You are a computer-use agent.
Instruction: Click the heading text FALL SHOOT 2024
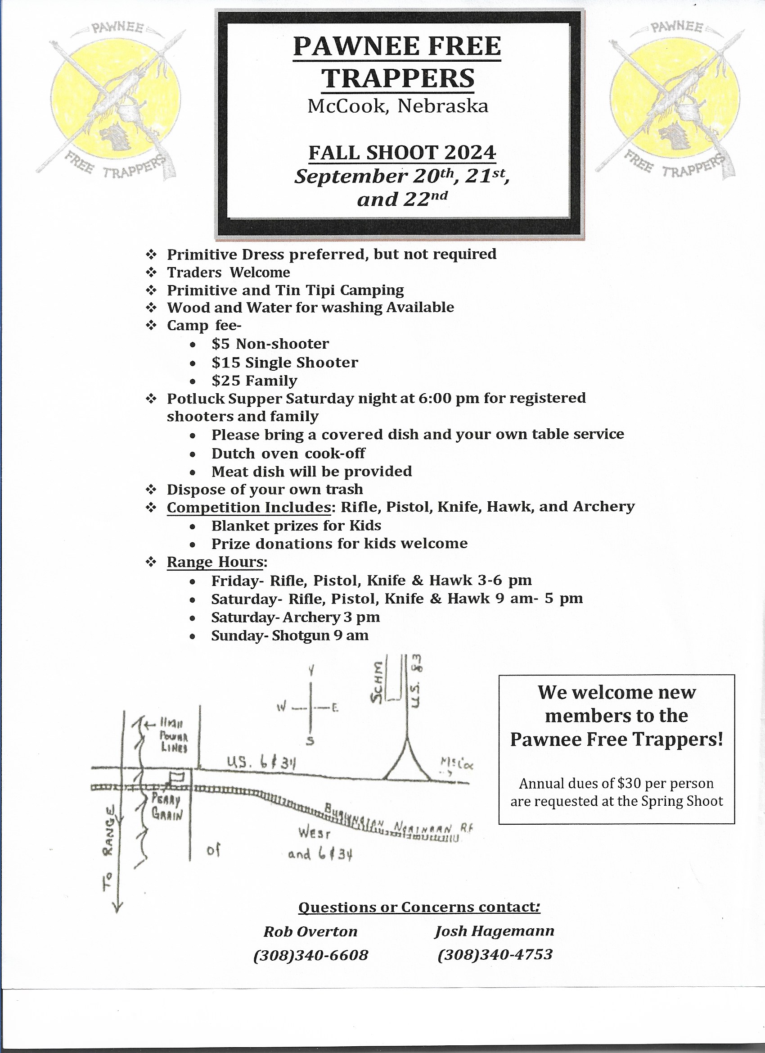click(x=402, y=152)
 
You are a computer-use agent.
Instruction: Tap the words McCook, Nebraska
click(x=398, y=106)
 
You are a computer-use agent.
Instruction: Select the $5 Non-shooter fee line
click(x=270, y=344)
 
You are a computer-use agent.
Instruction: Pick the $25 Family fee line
click(x=254, y=381)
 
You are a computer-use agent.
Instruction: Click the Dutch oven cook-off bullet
click(x=288, y=453)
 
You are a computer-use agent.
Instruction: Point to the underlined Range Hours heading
click(x=215, y=562)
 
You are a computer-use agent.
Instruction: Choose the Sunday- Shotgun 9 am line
click(x=289, y=635)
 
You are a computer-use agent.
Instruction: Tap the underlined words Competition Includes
click(x=249, y=508)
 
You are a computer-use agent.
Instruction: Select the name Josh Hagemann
click(x=494, y=931)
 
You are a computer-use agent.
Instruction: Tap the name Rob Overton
click(x=310, y=931)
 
